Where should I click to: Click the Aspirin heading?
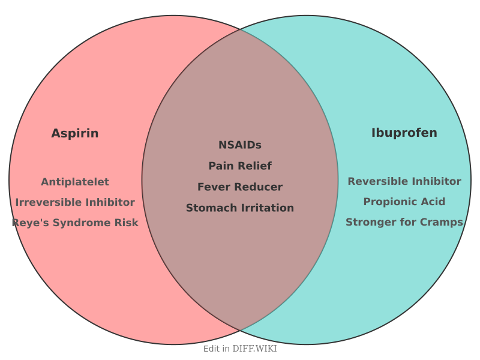[75, 133]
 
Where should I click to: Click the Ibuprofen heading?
[404, 133]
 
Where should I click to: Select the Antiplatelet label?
[75, 182]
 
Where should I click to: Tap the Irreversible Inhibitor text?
[75, 202]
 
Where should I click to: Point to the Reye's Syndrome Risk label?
[75, 223]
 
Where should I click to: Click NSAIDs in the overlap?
[240, 145]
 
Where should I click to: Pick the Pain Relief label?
[240, 166]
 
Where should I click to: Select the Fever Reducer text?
[240, 187]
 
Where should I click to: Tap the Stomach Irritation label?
[240, 208]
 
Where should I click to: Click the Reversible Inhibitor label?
[404, 181]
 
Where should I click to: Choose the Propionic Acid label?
[404, 202]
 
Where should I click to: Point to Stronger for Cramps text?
[404, 222]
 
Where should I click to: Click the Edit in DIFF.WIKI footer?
[240, 349]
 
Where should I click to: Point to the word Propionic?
[388, 202]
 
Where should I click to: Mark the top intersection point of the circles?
[240, 29]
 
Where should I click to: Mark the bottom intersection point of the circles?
[240, 331]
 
